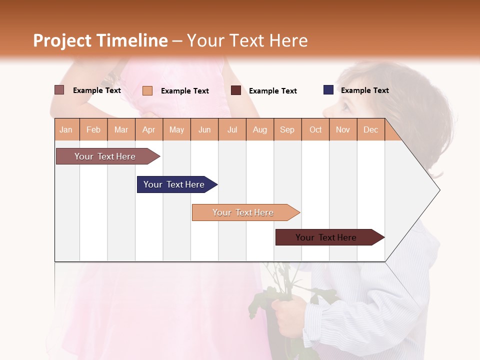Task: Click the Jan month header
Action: coord(66,129)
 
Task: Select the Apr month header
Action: coord(149,129)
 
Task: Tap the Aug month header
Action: coord(259,129)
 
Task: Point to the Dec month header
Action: coord(370,129)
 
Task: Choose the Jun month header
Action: coord(204,129)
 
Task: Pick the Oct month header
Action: coord(315,129)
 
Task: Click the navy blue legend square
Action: coord(328,90)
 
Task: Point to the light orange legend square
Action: coord(147,90)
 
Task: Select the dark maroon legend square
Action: coord(236,90)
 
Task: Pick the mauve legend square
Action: coord(59,90)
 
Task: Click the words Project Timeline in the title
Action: coord(100,40)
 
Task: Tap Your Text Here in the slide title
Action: coord(247,40)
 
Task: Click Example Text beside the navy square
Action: coord(364,90)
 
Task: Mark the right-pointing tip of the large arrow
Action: coord(439,190)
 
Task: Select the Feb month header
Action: coord(93,129)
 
